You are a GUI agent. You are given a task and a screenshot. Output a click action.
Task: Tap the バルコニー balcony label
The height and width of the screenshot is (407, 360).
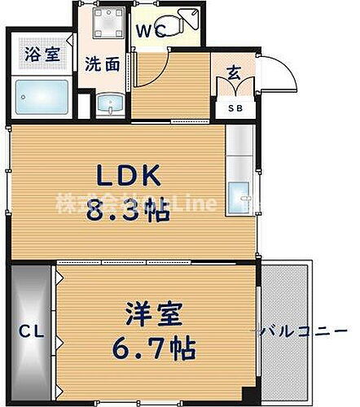click(287, 330)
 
